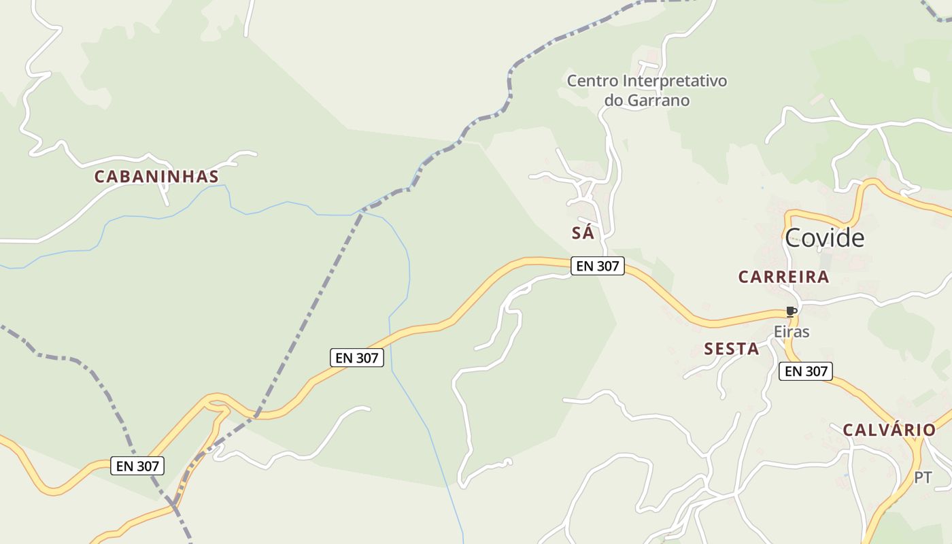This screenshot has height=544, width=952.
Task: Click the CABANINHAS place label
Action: [156, 177]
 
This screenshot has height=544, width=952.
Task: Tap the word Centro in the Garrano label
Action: [592, 81]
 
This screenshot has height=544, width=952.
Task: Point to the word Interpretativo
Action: [675, 81]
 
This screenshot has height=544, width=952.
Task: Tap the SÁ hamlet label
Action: [583, 233]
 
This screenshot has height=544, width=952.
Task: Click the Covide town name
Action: [824, 238]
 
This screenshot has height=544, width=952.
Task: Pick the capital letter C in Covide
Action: [794, 238]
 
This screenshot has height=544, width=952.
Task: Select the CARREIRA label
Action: [783, 277]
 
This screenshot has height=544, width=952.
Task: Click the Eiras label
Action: [792, 332]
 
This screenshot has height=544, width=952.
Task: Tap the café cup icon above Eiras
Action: [791, 312]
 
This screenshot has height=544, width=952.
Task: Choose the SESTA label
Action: [731, 349]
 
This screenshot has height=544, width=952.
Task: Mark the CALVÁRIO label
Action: [889, 430]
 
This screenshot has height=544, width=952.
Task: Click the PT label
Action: [923, 477]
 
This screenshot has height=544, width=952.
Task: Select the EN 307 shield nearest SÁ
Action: [598, 266]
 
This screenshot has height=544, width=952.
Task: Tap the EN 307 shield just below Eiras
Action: [806, 371]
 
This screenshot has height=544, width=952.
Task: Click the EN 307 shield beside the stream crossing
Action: [357, 357]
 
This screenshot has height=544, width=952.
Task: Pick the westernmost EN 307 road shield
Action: [137, 466]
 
